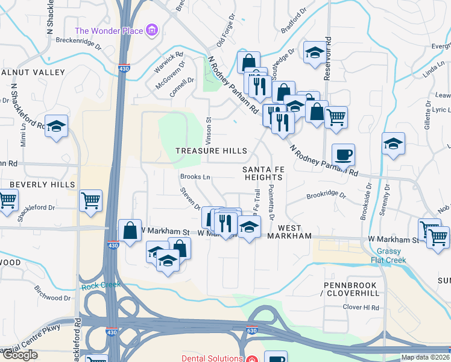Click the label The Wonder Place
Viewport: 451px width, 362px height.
109,31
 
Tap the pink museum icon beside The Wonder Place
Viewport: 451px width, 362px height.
152,30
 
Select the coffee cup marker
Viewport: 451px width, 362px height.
342,155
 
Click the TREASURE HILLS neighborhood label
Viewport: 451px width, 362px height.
211,150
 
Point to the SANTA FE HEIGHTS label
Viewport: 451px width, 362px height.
263,174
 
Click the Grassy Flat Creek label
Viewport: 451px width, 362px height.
392,256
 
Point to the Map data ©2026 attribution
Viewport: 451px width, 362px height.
425,357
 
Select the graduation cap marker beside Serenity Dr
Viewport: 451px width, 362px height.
393,144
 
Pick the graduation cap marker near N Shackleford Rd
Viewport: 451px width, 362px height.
56,126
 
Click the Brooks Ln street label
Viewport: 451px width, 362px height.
195,177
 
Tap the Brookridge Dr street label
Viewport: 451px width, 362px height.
326,195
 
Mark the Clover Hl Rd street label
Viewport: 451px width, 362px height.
361,307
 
